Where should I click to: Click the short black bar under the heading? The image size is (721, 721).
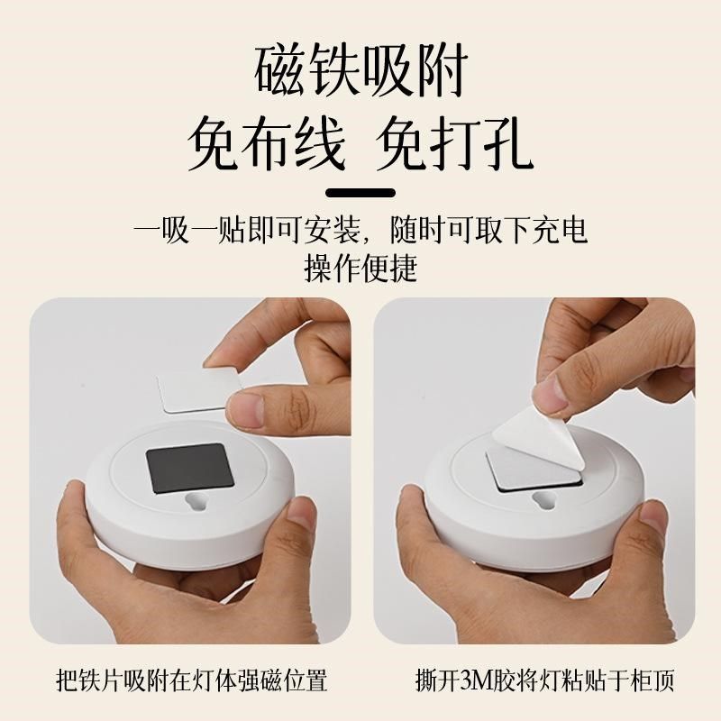point(360,193)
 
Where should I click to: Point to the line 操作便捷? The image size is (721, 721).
point(360,268)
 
